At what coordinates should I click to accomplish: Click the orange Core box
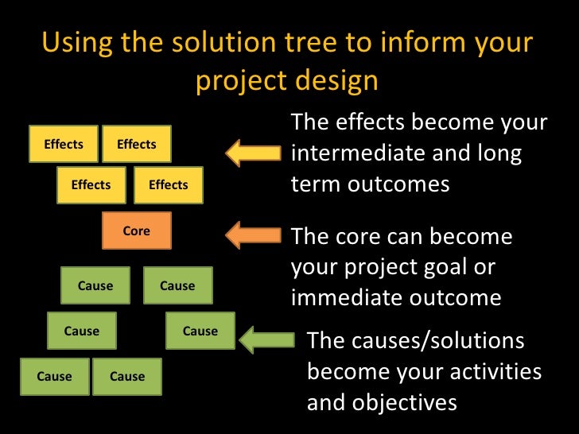point(137,231)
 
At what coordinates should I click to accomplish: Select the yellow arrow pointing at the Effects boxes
point(253,153)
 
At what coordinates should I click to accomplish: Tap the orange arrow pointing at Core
point(253,234)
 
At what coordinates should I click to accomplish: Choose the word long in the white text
point(500,153)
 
